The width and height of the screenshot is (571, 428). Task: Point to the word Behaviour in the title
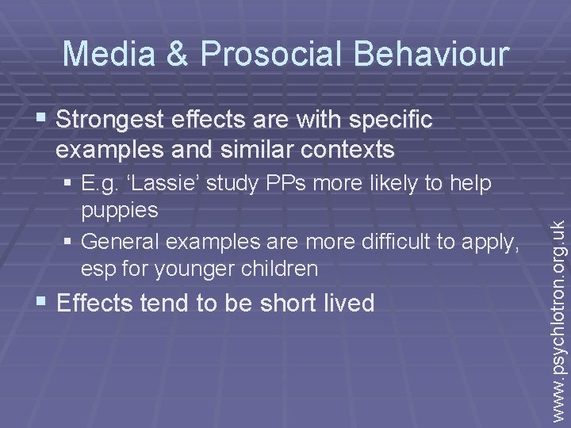coord(432,53)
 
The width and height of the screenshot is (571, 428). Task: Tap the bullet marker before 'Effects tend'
coord(40,303)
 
